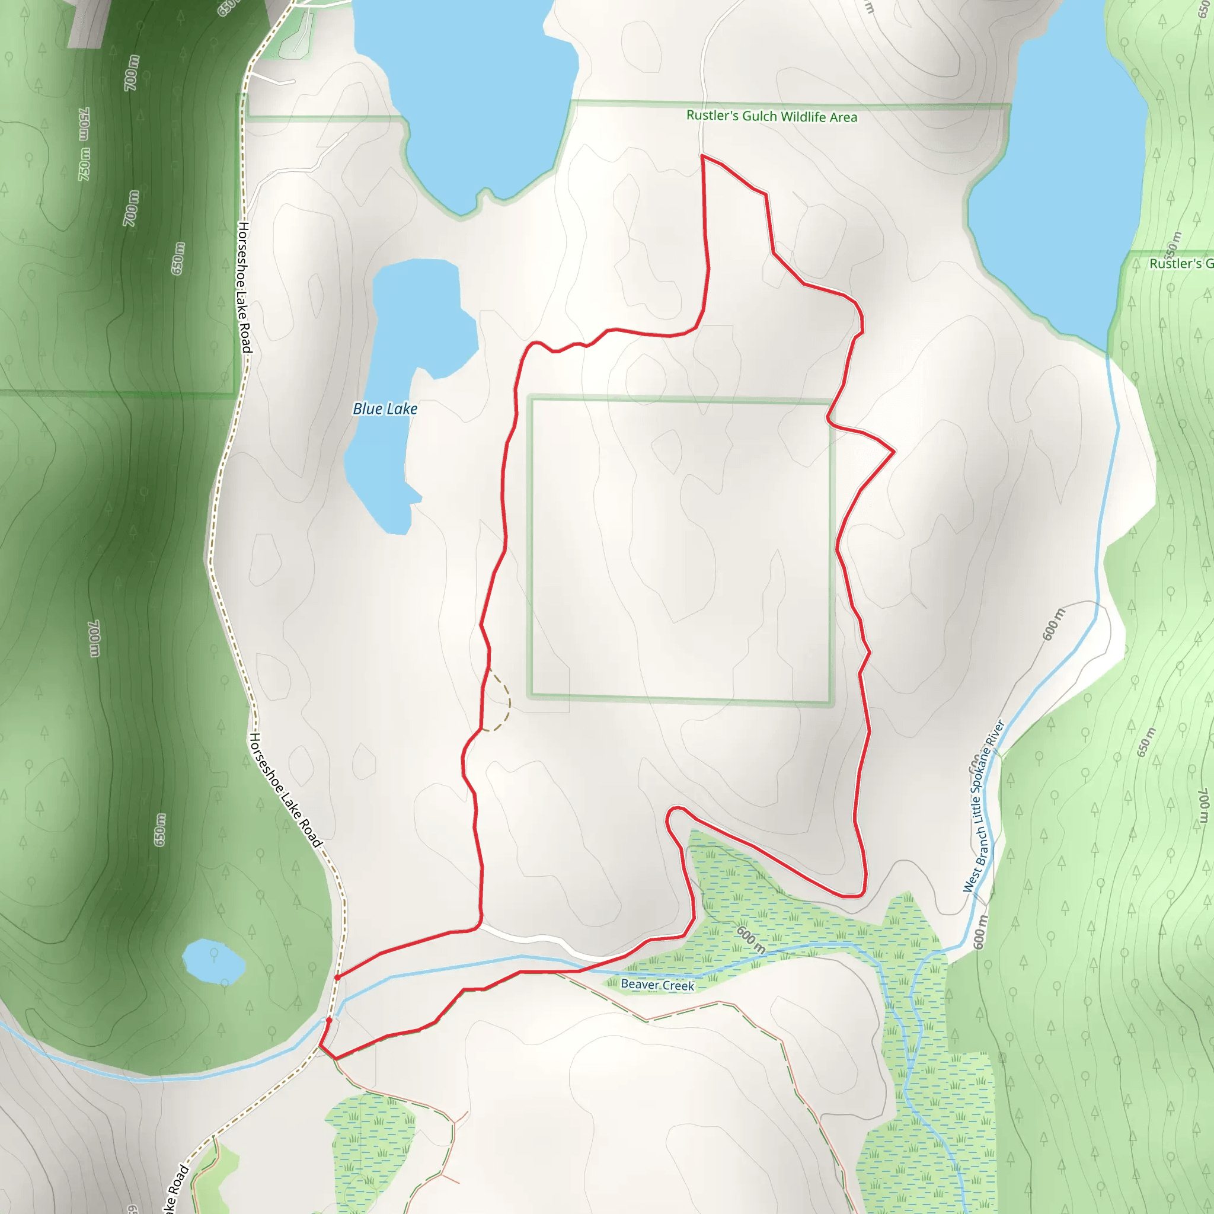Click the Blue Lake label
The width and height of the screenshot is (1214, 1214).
pos(385,409)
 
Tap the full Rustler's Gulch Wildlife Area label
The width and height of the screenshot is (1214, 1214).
pos(771,116)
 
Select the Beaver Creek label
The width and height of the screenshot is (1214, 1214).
pos(657,985)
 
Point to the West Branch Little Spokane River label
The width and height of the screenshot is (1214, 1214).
pos(984,807)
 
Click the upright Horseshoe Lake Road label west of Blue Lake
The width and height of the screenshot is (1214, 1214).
pos(244,286)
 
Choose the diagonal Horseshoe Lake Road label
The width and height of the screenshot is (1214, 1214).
pos(286,790)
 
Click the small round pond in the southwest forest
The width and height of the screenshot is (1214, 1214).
pos(213,961)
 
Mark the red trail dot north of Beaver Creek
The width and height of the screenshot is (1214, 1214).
pos(337,977)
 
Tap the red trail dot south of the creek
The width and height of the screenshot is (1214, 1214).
pos(328,1021)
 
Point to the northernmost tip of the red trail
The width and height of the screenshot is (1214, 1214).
pos(702,155)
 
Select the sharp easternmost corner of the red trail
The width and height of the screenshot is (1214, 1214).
pos(893,451)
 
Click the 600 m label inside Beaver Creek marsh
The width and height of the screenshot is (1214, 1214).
pos(750,940)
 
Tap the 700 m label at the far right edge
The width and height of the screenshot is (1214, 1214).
pos(1203,805)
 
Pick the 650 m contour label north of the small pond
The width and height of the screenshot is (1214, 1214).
pos(160,829)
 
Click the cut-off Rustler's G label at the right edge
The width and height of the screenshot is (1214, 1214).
pos(1180,264)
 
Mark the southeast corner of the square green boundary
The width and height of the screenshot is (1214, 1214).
pos(830,702)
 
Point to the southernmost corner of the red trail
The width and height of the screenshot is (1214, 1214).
pos(336,1059)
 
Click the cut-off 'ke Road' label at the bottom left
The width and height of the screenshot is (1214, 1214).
pos(176,1187)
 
